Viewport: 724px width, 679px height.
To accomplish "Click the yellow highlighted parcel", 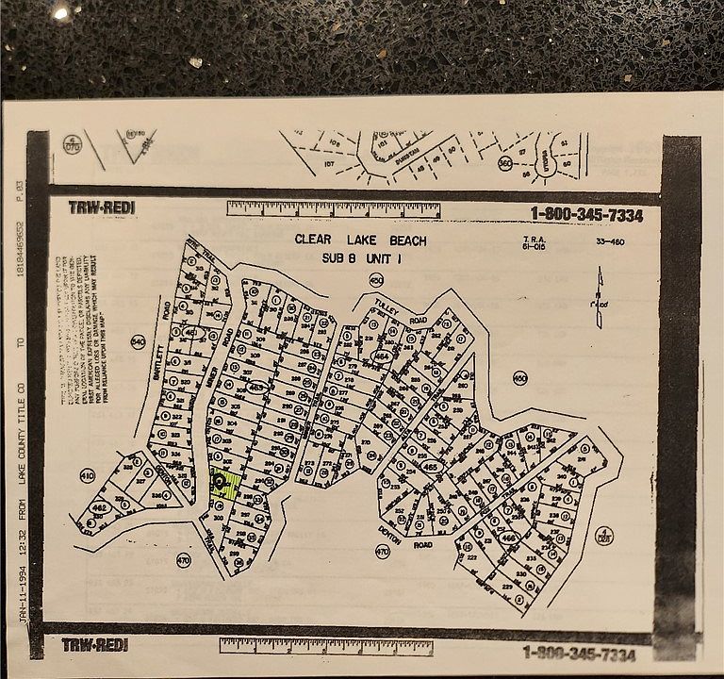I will [223, 485].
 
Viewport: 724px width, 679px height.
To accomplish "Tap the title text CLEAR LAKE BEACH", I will [361, 240].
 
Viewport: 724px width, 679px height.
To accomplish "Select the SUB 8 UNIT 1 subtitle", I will [361, 257].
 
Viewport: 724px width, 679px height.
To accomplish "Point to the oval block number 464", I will [382, 356].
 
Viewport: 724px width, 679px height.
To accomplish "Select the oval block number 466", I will [508, 537].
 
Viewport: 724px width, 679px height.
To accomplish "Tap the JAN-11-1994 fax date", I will [21, 607].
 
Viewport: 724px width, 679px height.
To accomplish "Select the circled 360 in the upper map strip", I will [505, 163].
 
